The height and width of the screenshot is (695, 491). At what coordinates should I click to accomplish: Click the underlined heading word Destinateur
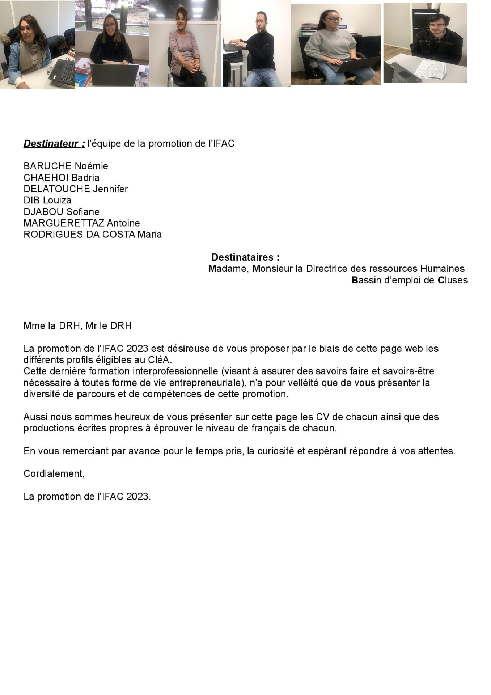tap(51, 144)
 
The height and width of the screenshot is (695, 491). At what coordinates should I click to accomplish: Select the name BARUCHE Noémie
tap(65, 166)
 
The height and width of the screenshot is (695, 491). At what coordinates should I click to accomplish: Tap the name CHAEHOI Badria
tap(61, 178)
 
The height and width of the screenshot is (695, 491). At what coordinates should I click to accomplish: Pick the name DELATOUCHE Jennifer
tap(75, 189)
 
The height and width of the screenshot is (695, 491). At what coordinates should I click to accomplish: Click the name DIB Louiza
tap(47, 201)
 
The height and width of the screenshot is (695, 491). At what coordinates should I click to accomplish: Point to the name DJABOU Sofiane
tap(61, 212)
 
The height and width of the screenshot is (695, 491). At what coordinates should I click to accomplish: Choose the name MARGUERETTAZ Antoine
tap(81, 223)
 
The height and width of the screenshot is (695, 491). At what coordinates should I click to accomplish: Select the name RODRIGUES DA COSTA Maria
tap(92, 235)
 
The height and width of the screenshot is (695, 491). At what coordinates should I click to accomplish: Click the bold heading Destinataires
tap(245, 257)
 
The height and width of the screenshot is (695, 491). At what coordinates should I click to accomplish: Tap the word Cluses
tap(452, 280)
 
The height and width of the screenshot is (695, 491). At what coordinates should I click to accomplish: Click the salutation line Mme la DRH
tap(77, 326)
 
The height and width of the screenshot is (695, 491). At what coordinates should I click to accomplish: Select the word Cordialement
tap(54, 474)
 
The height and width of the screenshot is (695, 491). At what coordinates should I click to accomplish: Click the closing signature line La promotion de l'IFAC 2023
tap(87, 497)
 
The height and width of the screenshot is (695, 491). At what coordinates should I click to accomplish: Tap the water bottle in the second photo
tap(144, 77)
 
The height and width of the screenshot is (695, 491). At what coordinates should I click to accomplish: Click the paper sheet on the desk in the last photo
tap(430, 69)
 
